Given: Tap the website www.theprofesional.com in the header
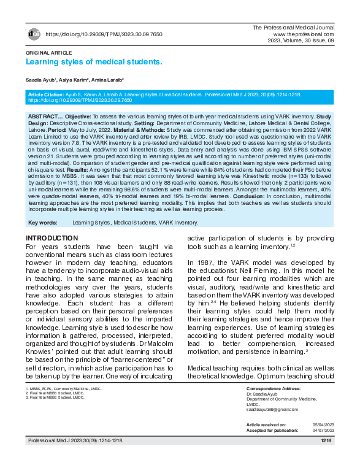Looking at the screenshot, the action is (304, 34).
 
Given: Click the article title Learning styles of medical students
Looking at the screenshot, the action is (94, 62).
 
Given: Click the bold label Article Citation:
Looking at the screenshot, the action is (48, 94).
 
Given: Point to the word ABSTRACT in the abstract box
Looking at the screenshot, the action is (42, 116).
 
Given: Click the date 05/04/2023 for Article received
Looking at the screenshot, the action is (320, 424).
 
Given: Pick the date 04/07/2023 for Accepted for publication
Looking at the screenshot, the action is (320, 429).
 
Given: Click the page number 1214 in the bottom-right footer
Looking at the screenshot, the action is (325, 441).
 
